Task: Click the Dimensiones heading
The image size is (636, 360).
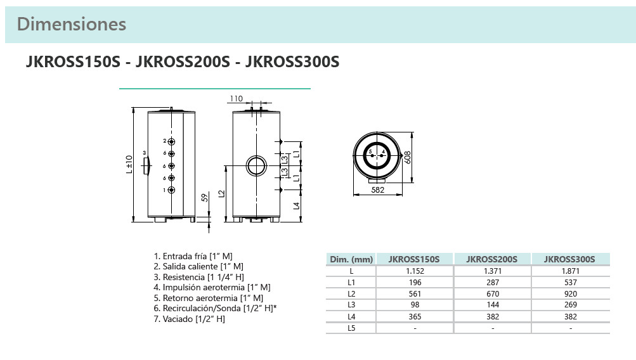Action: tap(72, 24)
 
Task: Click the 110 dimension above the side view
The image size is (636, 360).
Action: tap(236, 99)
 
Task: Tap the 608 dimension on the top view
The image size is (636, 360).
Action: tap(408, 157)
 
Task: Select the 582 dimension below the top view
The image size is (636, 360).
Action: tap(378, 190)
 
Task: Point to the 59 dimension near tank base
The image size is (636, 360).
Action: tap(204, 198)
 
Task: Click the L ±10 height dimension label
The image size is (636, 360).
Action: tap(129, 165)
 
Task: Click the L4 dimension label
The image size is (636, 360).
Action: tap(296, 205)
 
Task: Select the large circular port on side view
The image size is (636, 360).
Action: tap(257, 166)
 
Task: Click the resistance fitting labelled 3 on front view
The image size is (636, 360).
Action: tap(147, 165)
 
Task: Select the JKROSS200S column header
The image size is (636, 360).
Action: tap(492, 259)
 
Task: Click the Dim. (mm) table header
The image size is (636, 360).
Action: tap(351, 259)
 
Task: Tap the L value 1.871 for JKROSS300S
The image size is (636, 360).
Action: tap(571, 271)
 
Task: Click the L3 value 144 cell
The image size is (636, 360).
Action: tap(492, 305)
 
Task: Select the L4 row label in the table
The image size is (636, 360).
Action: tap(351, 316)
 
